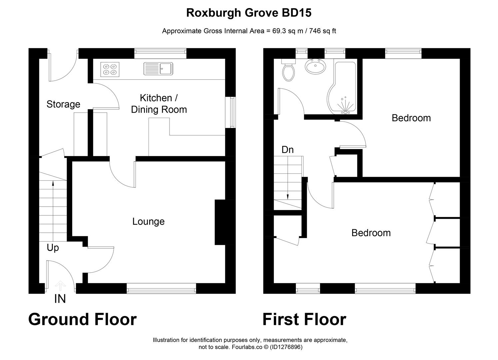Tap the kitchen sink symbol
[158, 69]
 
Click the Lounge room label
[148, 221]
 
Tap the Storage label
[63, 104]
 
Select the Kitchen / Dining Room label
[159, 104]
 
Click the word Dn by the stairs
[287, 150]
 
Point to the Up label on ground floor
[53, 248]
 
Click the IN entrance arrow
[60, 286]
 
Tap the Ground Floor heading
[82, 319]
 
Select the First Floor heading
[304, 319]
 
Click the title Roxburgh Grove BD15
[249, 13]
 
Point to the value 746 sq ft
[322, 31]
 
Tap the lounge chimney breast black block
[220, 222]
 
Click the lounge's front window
[161, 288]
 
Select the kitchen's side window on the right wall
[231, 112]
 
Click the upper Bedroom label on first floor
[411, 118]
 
